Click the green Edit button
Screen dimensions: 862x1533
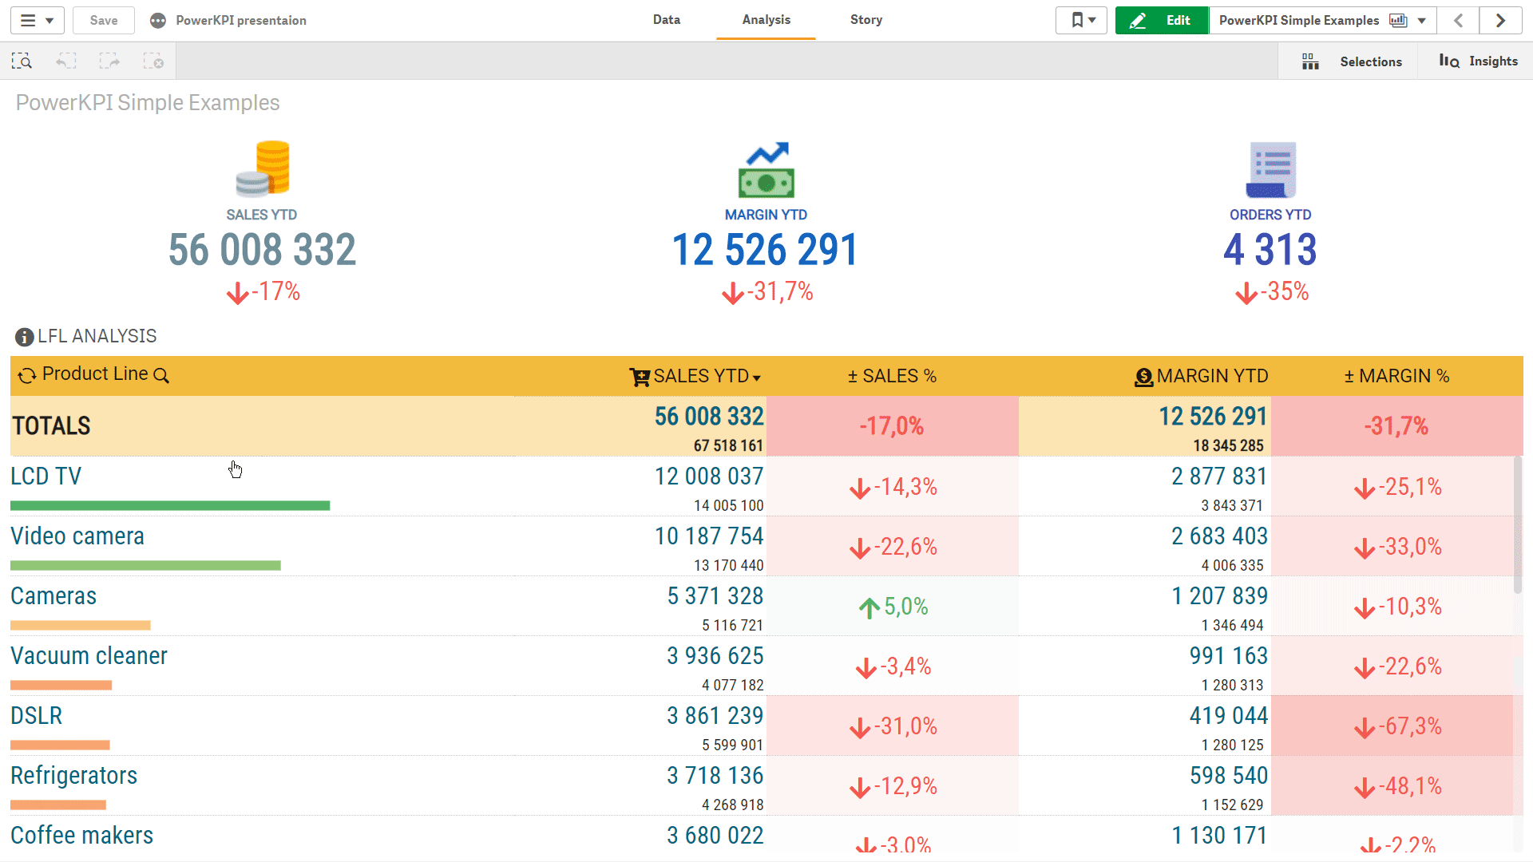1162,21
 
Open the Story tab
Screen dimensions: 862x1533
866,20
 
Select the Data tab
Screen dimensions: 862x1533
666,20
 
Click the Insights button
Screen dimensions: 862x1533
1478,61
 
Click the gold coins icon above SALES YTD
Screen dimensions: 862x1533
263,168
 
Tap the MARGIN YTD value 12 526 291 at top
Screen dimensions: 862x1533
765,250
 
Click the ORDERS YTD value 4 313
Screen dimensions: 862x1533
1270,250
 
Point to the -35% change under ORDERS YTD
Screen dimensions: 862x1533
1272,292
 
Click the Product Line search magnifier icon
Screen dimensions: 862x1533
161,376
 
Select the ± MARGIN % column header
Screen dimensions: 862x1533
1396,376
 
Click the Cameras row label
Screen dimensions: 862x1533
53,596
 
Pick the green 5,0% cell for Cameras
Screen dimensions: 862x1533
893,607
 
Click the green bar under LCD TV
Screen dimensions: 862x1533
170,505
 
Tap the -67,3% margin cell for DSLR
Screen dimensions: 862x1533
1397,726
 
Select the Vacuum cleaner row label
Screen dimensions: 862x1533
89,656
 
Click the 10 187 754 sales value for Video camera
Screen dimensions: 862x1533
709,536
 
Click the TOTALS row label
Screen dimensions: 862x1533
51,426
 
